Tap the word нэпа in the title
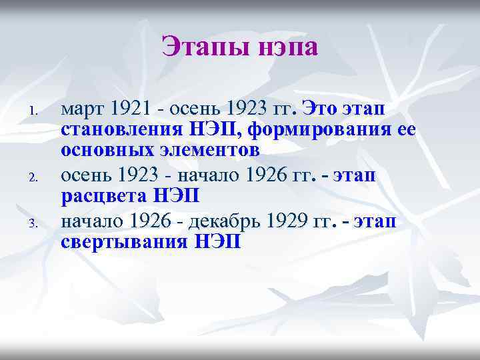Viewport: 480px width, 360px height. click(284, 47)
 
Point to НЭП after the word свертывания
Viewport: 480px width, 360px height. click(218, 243)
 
